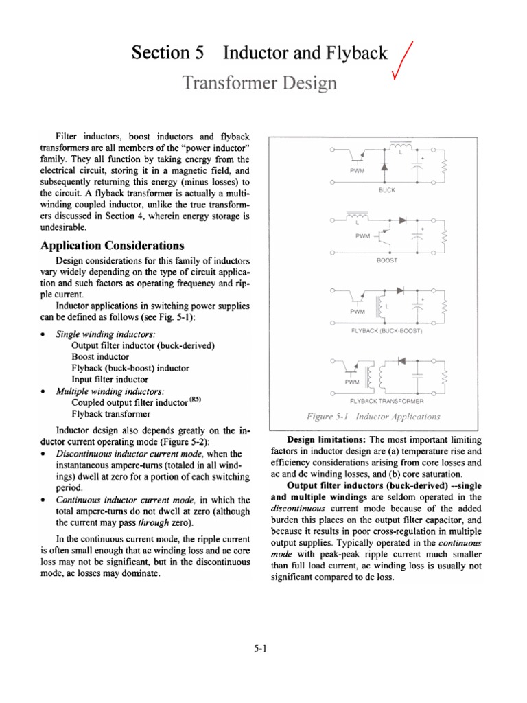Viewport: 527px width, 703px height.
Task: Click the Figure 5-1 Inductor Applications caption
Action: [373, 417]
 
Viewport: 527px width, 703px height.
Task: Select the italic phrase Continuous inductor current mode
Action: [128, 500]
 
